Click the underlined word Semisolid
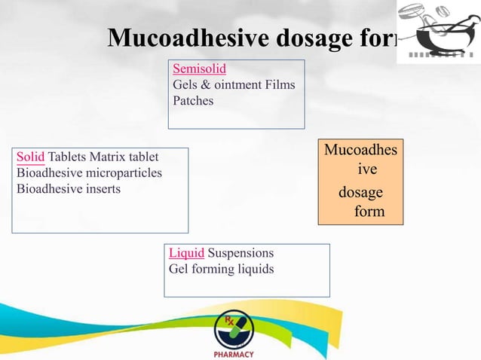[199, 69]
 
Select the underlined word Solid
[30, 157]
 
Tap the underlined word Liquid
[186, 253]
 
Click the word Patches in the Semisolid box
[193, 100]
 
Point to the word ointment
[230, 85]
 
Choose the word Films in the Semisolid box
[280, 85]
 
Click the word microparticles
[123, 173]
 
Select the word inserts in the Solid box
[101, 188]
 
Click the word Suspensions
[240, 253]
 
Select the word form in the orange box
[369, 212]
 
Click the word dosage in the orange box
[360, 193]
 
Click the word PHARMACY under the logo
[234, 354]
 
